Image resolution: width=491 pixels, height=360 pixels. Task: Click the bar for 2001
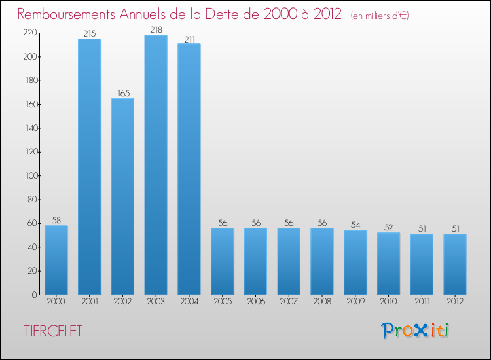click(x=89, y=166)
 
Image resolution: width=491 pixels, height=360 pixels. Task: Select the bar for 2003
click(x=156, y=165)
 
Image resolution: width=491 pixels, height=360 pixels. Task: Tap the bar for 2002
click(x=122, y=196)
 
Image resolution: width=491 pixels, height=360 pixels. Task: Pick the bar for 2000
click(x=56, y=260)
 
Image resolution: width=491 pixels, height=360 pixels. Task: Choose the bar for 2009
click(x=355, y=262)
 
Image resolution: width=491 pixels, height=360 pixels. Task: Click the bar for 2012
click(x=455, y=264)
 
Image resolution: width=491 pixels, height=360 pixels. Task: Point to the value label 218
click(x=156, y=29)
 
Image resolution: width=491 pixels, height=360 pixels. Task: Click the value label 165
click(x=122, y=93)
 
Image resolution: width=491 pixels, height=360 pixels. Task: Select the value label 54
click(x=355, y=225)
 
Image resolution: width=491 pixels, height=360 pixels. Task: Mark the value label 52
click(x=389, y=227)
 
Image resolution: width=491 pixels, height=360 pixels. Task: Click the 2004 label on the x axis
click(x=189, y=302)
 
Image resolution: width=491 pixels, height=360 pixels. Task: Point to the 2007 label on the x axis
click(x=289, y=302)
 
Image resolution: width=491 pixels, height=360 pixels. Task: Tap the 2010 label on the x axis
click(x=389, y=302)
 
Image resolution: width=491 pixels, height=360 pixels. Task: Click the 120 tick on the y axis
click(x=30, y=152)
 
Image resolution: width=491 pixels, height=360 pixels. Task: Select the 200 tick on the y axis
click(x=30, y=57)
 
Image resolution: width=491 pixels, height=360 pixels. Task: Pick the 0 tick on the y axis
click(x=34, y=295)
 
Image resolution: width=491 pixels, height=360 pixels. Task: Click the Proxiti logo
click(x=415, y=331)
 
